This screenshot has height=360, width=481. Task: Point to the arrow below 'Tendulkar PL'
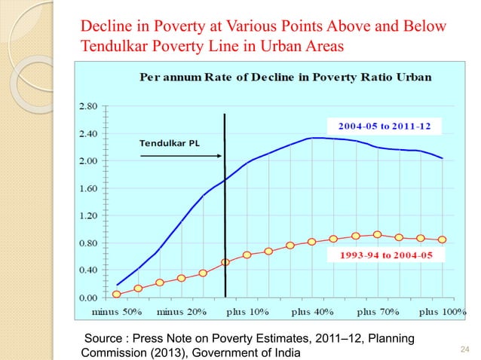click(x=180, y=157)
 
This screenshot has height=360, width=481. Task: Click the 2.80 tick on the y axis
click(x=90, y=106)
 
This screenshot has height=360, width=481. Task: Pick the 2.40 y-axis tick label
click(x=90, y=133)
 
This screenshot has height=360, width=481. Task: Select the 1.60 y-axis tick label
click(x=90, y=188)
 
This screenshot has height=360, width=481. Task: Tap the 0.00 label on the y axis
click(x=90, y=297)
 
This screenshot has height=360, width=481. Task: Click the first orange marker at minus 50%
click(x=116, y=294)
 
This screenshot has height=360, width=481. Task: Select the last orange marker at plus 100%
click(x=442, y=239)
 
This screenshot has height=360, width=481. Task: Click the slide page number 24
click(x=464, y=348)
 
